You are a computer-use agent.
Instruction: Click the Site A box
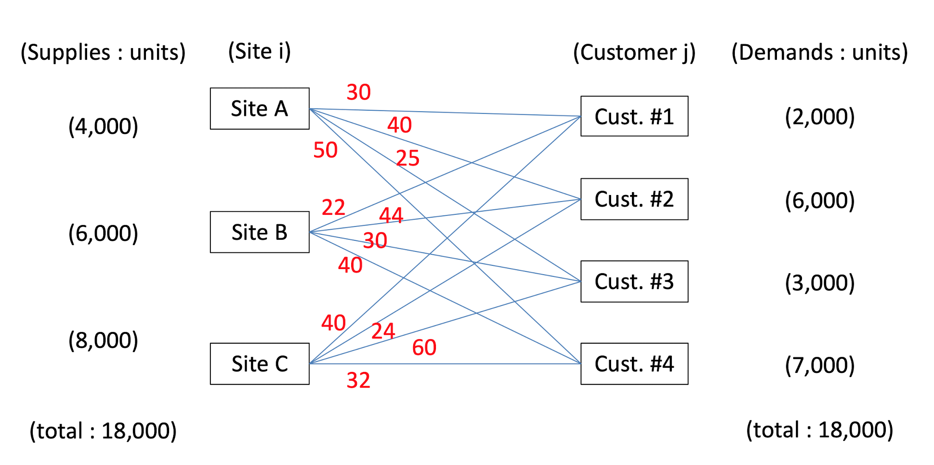(x=259, y=109)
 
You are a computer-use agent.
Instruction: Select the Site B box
(x=259, y=232)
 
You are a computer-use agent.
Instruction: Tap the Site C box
(x=259, y=364)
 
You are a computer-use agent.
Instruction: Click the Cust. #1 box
(x=634, y=116)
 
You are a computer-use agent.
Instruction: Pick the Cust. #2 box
(x=634, y=199)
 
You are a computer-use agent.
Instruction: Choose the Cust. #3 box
(x=634, y=282)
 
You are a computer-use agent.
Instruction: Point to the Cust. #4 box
(x=634, y=364)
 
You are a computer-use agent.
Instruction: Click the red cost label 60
(x=424, y=348)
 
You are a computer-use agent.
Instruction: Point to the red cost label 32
(x=358, y=381)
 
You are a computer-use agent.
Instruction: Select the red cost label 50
(x=325, y=150)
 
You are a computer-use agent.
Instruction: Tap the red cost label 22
(x=333, y=207)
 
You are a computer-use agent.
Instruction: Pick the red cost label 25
(x=408, y=158)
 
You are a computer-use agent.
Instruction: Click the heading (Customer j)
(x=634, y=52)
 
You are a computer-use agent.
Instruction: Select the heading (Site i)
(x=259, y=51)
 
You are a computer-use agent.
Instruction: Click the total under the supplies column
(x=103, y=431)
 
